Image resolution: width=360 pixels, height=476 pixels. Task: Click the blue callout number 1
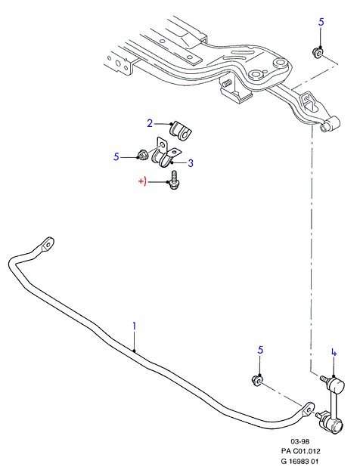pos(134,328)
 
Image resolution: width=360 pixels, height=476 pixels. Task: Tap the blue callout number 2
pos(150,124)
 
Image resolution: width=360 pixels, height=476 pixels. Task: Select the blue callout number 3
pos(191,163)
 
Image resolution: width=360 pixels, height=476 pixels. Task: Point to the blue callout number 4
pos(334,353)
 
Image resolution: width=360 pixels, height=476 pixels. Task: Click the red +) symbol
pos(142,181)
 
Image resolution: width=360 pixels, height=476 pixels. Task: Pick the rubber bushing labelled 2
pos(181,131)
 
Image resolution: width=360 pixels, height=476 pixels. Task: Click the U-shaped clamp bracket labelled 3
pos(166,153)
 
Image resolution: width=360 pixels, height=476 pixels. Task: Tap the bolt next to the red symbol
pos(173,181)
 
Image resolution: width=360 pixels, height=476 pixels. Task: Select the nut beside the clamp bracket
pos(141,155)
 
